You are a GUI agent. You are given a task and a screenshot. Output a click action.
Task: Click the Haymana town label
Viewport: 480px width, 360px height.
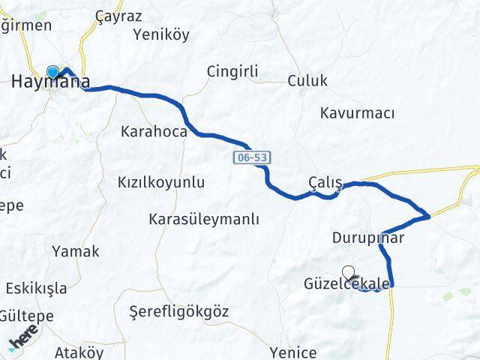coord(51,82)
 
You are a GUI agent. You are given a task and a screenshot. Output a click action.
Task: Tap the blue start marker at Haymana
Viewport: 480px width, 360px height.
coord(52,72)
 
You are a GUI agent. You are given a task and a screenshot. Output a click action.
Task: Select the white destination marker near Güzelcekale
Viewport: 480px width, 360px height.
coord(348,272)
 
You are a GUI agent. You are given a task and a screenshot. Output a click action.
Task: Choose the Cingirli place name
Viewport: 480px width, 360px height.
coord(232,71)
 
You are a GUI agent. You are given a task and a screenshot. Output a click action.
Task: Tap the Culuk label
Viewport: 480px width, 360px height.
coord(307,81)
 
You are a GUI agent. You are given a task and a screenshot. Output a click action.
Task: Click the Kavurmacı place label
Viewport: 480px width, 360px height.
coord(357,113)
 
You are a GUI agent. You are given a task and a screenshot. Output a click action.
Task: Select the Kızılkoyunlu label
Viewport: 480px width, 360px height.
coord(161,182)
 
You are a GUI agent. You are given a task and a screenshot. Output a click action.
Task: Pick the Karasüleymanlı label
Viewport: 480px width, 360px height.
coord(203,220)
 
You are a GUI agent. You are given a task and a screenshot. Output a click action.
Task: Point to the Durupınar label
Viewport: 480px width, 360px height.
coord(368,238)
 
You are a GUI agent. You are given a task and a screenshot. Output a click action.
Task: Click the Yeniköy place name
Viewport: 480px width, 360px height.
coord(161,34)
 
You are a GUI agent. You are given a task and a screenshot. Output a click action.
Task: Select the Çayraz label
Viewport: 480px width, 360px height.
coord(114,15)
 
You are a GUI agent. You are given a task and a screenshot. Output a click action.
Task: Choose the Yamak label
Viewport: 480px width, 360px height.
coord(75,251)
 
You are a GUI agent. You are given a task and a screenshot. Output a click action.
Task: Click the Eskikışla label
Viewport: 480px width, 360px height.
coord(36,288)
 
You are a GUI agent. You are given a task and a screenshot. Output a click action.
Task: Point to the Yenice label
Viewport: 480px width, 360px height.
coord(294,352)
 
